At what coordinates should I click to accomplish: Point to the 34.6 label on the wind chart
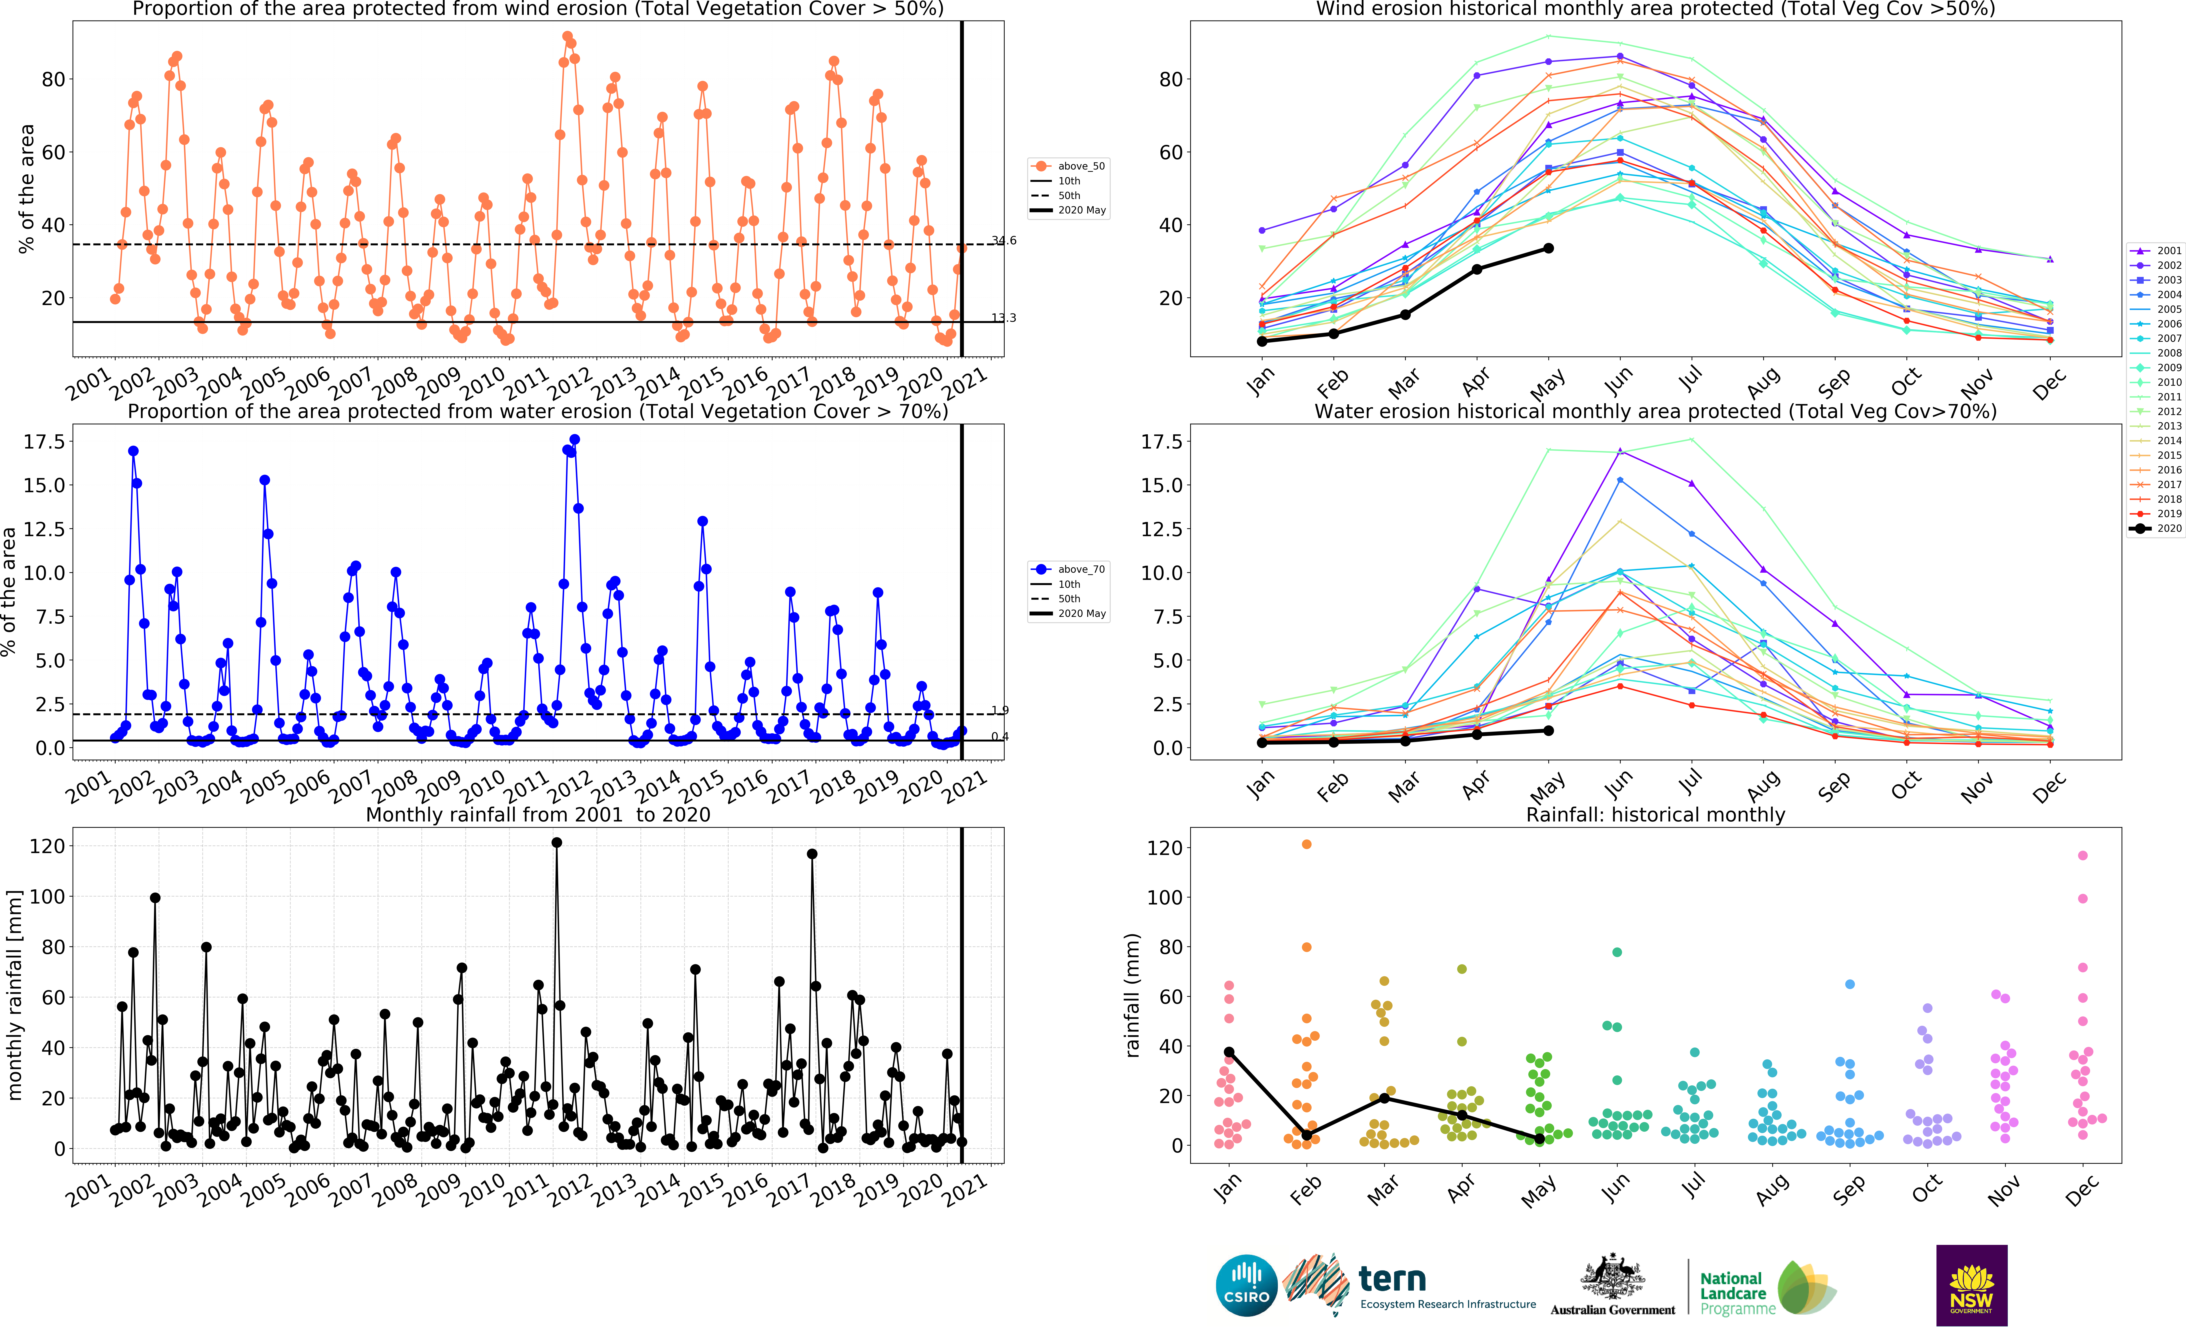click(x=1004, y=241)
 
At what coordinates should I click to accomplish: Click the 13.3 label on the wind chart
click(x=1004, y=318)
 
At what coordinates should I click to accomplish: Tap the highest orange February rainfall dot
click(x=1307, y=845)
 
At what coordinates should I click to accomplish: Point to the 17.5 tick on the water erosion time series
click(x=43, y=442)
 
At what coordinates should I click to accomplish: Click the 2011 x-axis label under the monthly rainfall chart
click(x=526, y=1190)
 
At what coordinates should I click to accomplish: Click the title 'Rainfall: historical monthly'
click(x=1655, y=814)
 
